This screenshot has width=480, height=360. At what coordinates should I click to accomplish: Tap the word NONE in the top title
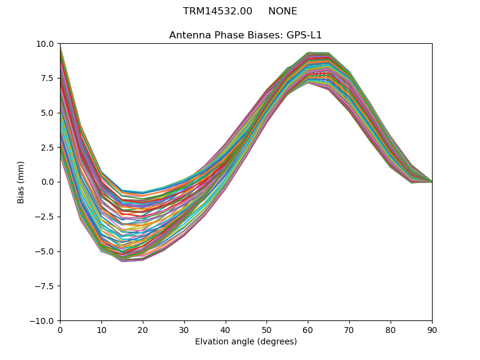pos(283,11)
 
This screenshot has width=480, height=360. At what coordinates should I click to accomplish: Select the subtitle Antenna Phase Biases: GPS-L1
pos(245,35)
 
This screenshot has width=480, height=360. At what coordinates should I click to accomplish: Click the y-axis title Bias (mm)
pos(21,182)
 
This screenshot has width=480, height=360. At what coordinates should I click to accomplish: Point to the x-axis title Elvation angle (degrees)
pos(245,342)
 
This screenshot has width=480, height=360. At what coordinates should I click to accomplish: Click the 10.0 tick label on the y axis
pos(46,44)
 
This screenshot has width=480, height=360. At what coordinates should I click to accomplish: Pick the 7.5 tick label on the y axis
pos(48,79)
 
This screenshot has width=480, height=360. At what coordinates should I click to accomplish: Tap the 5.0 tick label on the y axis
pos(48,113)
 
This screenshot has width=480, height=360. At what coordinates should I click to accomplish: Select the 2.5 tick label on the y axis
pos(48,148)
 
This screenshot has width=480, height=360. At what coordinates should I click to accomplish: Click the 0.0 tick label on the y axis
pos(48,182)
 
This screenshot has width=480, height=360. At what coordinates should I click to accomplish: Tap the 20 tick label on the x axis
pos(143,329)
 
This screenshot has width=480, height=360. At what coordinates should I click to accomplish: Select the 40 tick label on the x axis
pos(225,329)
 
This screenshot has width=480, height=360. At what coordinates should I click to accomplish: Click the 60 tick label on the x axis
pos(308,329)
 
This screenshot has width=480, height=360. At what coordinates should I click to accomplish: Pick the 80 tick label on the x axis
pos(391,329)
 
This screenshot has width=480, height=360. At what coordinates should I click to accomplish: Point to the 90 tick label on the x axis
pos(432,329)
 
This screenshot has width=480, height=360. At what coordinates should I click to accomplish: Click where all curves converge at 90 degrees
pos(431,182)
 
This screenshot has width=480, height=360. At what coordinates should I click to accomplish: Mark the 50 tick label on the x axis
pos(266,329)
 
